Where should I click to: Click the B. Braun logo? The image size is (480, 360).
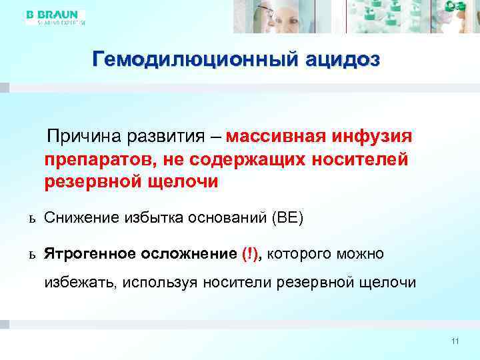pyautogui.click(x=53, y=17)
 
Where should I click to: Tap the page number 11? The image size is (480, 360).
pyautogui.click(x=455, y=341)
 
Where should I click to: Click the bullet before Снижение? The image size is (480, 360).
pyautogui.click(x=31, y=218)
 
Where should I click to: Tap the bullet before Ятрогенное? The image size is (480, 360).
pyautogui.click(x=31, y=255)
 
